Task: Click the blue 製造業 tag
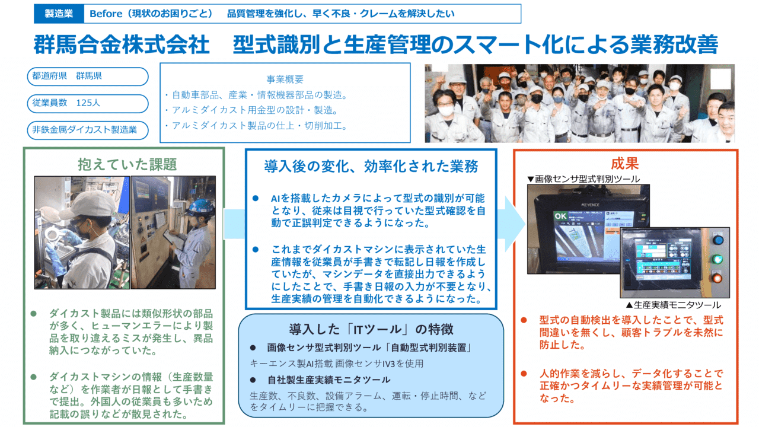pos(59,14)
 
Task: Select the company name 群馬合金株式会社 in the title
pos(122,44)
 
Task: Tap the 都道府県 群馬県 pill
pos(87,77)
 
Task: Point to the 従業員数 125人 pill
pos(87,103)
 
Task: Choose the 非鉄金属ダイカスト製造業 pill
pos(87,129)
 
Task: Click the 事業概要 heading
pos(285,79)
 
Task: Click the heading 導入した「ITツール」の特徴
pos(371,329)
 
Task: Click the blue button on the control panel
pos(718,240)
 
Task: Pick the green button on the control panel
pos(718,259)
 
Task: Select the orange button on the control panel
pos(718,278)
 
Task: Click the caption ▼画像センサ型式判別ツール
pos(583,178)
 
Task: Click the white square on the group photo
pos(720,79)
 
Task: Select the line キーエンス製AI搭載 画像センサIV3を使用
pos(337,364)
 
